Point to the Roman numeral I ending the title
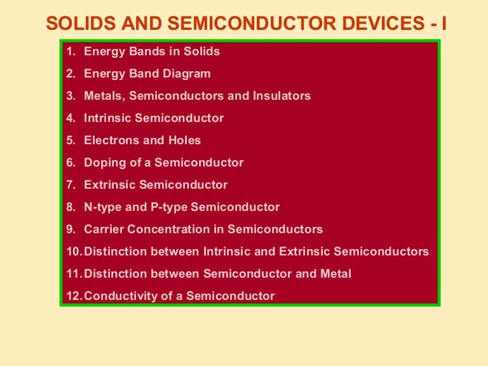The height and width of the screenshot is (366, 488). click(444, 24)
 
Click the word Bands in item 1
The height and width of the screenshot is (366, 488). click(145, 51)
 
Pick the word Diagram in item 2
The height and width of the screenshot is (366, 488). click(186, 74)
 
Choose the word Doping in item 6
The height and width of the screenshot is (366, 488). click(102, 163)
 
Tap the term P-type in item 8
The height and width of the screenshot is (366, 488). click(168, 207)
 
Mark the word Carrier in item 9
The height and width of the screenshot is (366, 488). click(102, 229)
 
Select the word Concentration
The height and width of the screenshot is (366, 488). click(167, 229)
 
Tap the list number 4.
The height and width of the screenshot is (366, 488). click(71, 118)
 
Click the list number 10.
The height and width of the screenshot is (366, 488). click(74, 252)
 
